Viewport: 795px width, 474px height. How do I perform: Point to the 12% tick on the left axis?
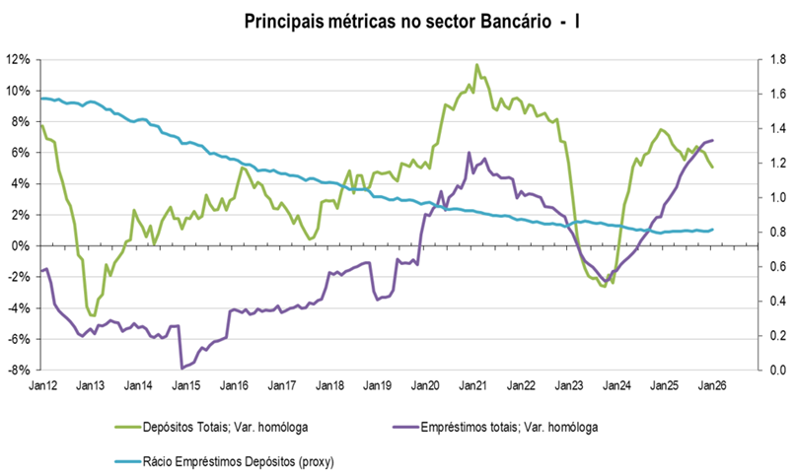click(21, 59)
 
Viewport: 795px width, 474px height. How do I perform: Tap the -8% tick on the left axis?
click(21, 371)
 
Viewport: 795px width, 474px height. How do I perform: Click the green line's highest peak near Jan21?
click(476, 65)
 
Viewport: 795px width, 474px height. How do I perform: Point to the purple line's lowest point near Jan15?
click(181, 368)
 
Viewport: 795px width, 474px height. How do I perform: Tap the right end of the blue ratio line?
click(712, 230)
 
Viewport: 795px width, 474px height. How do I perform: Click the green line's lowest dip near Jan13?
click(93, 316)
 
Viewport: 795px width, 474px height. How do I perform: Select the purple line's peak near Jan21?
click(469, 154)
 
